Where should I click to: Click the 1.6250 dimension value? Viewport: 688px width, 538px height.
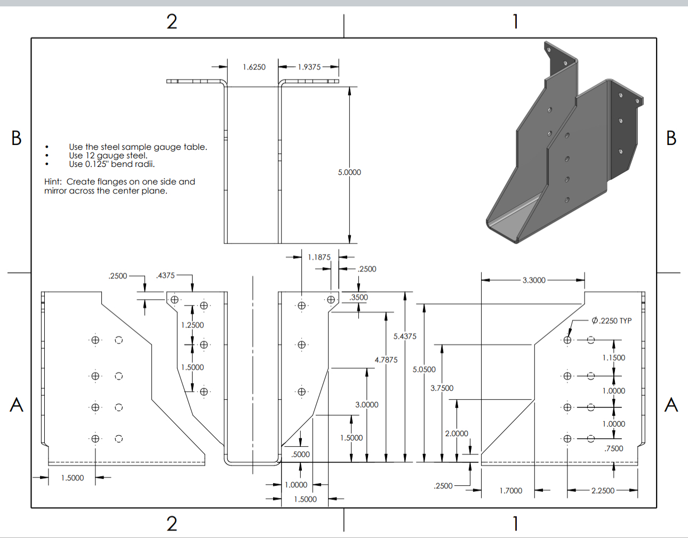[x=254, y=67]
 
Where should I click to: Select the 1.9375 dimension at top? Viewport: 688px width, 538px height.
[x=309, y=67]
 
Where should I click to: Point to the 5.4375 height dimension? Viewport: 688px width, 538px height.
[x=405, y=336]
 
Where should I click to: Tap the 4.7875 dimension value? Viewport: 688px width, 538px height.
[x=386, y=360]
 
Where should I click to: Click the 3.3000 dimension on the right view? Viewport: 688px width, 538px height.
[x=534, y=280]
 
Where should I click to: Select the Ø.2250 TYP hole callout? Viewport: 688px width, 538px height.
[x=611, y=320]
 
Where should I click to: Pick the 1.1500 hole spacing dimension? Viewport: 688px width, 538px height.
[x=613, y=358]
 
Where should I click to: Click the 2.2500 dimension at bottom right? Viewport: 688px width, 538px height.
[x=603, y=491]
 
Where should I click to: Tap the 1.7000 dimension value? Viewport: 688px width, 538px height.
[x=511, y=491]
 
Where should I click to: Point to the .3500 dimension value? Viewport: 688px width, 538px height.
[x=358, y=298]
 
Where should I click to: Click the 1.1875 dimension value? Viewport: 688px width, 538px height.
[x=319, y=257]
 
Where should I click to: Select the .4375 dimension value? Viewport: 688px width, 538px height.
[x=165, y=276]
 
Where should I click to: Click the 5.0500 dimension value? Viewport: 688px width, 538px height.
[x=424, y=370]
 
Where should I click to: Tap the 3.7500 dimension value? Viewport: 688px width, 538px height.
[x=442, y=388]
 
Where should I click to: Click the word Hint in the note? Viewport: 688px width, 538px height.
[x=53, y=182]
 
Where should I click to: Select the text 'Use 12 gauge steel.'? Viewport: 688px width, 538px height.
[x=108, y=156]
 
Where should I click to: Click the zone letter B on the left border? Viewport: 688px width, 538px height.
[x=17, y=138]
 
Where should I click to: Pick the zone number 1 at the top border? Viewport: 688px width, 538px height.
[x=515, y=22]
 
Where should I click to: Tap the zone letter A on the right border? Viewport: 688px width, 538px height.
[x=671, y=405]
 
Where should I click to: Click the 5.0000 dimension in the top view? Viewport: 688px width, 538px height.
[x=349, y=172]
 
